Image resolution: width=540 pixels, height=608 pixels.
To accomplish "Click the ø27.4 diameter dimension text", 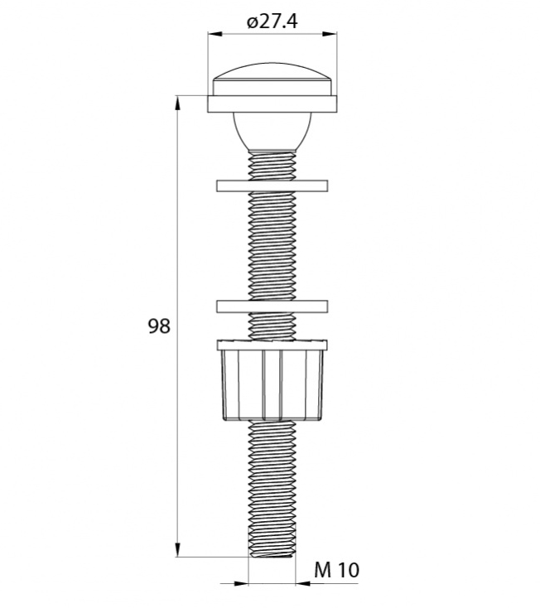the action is (272, 22).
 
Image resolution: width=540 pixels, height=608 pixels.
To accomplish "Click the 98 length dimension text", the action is (159, 326).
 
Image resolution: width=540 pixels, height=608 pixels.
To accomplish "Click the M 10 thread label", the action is (336, 570).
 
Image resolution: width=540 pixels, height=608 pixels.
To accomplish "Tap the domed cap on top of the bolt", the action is (272, 79).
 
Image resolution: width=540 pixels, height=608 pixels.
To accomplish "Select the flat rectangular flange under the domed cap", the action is (272, 104).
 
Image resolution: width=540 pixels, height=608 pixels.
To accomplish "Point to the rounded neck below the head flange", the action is (272, 132).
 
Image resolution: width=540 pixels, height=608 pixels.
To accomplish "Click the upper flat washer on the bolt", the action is (272, 186).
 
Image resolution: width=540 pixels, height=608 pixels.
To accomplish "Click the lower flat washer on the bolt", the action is (272, 306).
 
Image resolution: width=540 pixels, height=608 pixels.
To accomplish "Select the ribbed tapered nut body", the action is (272, 385).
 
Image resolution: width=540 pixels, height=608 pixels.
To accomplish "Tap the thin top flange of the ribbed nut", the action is (272, 345).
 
